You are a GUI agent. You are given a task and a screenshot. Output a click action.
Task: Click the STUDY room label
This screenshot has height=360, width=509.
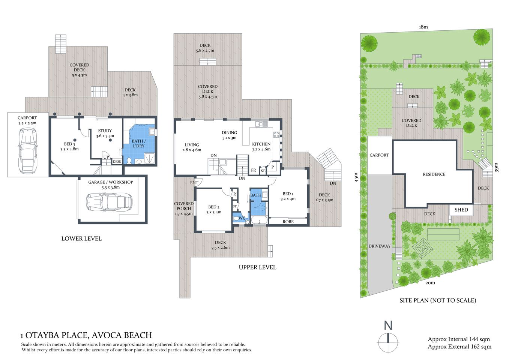[x=105, y=133]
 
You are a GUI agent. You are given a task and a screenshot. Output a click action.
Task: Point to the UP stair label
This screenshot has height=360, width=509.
[x=106, y=157]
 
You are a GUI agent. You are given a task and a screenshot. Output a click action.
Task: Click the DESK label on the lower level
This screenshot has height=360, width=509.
[x=117, y=162]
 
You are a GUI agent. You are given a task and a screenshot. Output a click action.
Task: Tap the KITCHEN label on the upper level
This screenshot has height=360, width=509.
[x=261, y=144]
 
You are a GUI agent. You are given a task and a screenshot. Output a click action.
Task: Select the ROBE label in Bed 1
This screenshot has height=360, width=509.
[x=288, y=222]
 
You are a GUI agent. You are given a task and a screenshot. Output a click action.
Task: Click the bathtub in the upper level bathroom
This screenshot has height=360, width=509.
[x=258, y=220]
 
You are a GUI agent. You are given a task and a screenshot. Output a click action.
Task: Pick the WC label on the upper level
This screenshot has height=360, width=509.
[x=242, y=218]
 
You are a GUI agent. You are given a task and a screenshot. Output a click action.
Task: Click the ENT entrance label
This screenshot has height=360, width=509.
[x=194, y=183]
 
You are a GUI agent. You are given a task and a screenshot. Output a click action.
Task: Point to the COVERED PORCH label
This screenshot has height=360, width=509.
[x=183, y=208]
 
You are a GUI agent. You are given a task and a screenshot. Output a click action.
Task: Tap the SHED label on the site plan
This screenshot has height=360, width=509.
[x=461, y=210]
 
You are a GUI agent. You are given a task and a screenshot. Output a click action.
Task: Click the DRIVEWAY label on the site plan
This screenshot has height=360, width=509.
[x=379, y=246]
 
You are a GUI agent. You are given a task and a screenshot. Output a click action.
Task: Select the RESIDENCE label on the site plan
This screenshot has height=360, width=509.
[x=434, y=174]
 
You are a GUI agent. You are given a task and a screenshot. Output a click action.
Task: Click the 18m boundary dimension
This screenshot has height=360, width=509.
[x=423, y=27]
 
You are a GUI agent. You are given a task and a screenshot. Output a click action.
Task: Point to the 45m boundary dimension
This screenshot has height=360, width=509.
[x=357, y=177]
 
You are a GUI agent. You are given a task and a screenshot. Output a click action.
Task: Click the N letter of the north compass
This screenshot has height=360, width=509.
[x=388, y=325]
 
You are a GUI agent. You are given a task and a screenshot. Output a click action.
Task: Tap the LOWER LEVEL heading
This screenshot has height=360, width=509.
[x=81, y=238]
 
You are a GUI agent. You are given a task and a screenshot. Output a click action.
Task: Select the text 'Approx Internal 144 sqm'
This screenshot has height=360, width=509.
[x=458, y=339]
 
